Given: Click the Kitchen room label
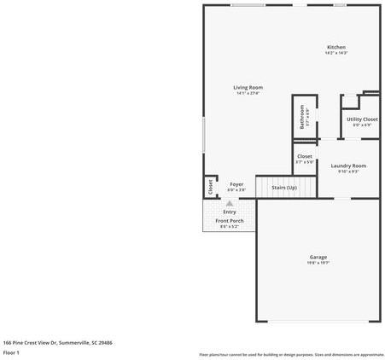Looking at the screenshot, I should [x=336, y=47].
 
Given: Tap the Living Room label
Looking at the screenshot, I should [x=248, y=87].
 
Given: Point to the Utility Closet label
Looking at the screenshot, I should [x=362, y=119].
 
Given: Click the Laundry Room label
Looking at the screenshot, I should [x=348, y=165].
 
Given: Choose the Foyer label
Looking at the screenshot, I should [x=236, y=184].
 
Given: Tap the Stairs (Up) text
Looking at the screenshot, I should [x=283, y=187].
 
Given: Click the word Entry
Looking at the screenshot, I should [x=230, y=212].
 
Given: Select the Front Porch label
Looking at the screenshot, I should [x=230, y=221].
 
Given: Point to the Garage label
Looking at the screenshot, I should [x=318, y=257].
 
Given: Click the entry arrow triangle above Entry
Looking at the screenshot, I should [x=230, y=203].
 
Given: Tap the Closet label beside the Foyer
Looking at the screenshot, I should [x=209, y=186].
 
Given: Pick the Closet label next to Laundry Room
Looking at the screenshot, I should [x=304, y=156].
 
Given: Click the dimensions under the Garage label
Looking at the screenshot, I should [x=318, y=263].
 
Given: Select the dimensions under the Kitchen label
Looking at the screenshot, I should [x=336, y=53].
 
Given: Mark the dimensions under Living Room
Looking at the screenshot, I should [x=248, y=93].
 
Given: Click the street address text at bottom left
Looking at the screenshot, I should [x=58, y=341].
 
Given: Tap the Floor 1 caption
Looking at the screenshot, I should [x=12, y=351].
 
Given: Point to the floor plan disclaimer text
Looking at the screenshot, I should [x=291, y=354].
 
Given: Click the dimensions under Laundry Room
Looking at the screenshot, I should [x=348, y=171].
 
